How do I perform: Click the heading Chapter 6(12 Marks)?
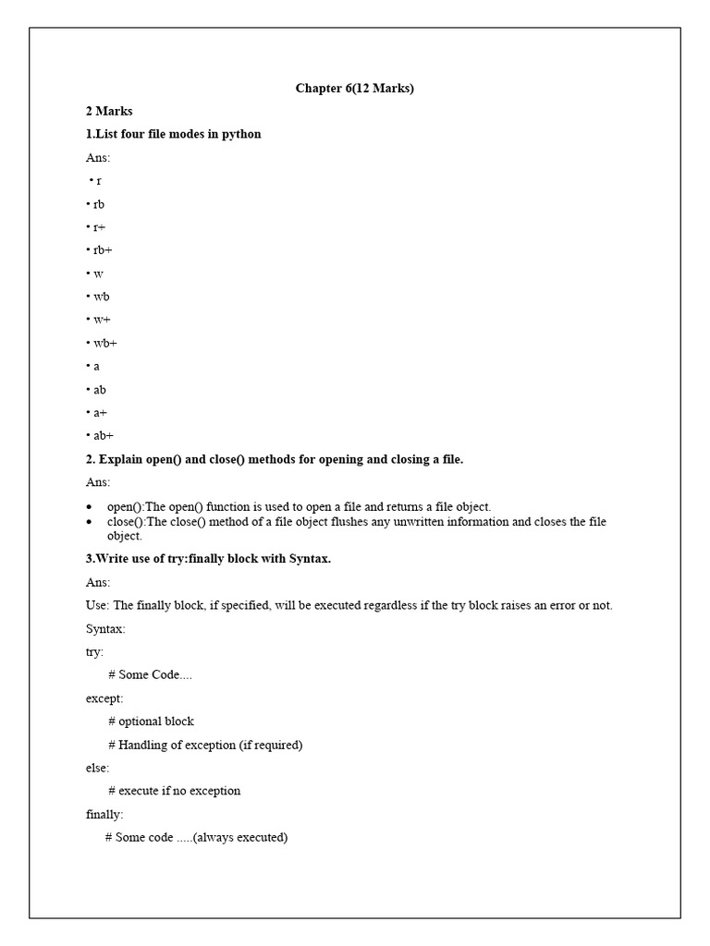pos(355,88)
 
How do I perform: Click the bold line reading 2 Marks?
pos(109,111)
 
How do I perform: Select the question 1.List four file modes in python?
pos(174,134)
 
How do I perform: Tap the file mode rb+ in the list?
pos(101,250)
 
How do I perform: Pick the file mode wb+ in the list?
pos(104,343)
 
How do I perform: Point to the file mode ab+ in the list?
pos(102,436)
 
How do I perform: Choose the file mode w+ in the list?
pos(101,320)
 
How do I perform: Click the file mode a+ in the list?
pos(99,413)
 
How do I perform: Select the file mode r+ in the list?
pos(99,227)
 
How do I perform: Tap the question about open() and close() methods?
pos(274,459)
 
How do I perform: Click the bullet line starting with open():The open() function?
pos(299,506)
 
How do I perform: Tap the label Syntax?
pos(104,628)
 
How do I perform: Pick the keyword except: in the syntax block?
pos(104,698)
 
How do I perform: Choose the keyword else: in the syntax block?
pos(97,768)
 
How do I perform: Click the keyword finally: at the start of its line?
pos(104,814)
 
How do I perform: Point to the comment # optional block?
pos(151,722)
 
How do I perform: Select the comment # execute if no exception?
pos(174,791)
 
